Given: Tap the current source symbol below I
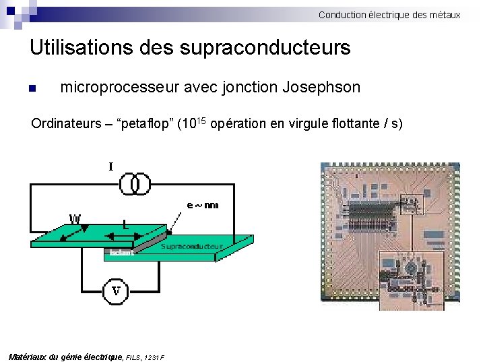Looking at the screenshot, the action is (135, 183).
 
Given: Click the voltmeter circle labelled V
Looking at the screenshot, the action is (117, 291).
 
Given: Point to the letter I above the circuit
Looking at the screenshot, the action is (110, 166).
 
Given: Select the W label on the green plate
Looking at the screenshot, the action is (75, 218).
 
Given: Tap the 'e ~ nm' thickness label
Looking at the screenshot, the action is (202, 205).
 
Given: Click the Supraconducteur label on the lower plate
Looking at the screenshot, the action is (192, 247).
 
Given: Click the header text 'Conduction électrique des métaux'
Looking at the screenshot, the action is (389, 14).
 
